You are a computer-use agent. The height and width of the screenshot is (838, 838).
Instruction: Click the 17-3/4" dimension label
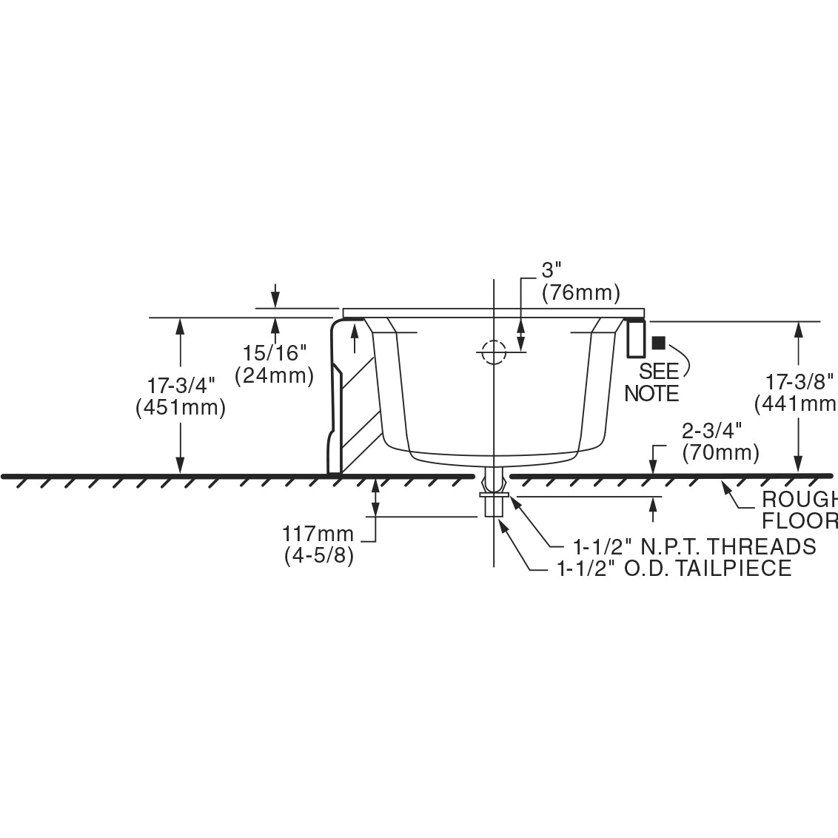point(181,386)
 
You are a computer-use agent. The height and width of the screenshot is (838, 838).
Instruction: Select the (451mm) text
point(181,408)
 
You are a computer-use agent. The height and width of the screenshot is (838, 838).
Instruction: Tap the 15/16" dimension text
point(274,353)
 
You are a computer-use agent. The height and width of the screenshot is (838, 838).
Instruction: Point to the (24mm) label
point(274,375)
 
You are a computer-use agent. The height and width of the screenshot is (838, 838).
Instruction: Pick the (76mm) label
point(580,293)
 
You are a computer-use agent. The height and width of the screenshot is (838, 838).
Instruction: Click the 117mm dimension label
point(318,534)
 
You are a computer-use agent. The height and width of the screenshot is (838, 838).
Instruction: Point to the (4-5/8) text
point(319,556)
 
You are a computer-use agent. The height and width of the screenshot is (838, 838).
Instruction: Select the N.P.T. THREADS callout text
point(694,546)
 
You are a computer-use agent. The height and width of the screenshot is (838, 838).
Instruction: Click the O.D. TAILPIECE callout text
point(674,569)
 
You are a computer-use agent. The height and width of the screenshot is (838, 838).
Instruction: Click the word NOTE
point(651,393)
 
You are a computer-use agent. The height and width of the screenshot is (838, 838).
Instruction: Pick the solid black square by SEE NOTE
point(658,343)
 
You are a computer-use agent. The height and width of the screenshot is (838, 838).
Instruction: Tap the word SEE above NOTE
point(658,371)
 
